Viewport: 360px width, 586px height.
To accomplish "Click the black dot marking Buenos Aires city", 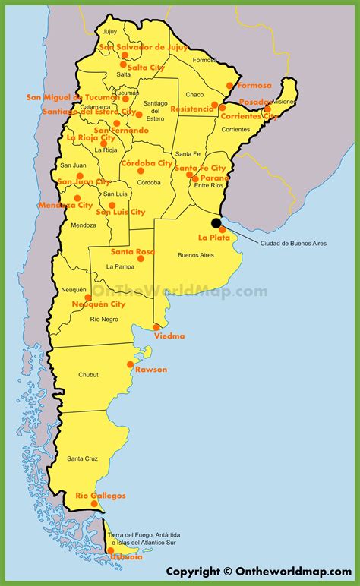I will (x=216, y=223).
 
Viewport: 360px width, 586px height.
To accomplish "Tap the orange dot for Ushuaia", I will (x=110, y=551).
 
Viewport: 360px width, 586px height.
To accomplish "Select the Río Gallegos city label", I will (x=100, y=496).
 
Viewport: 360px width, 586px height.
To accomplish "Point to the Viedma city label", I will (x=169, y=336).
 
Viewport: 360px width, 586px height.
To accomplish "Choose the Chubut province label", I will (x=88, y=375).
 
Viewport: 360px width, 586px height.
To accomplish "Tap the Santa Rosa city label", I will (x=132, y=251).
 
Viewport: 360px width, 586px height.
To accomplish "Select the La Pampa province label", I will (x=120, y=266).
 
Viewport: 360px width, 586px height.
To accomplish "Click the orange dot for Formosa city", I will (x=230, y=86).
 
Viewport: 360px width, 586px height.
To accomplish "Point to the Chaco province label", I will (x=195, y=95).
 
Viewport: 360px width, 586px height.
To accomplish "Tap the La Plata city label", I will (x=213, y=238).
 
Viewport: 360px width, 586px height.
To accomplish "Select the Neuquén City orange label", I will (x=99, y=304).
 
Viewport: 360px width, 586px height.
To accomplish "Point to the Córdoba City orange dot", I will (x=141, y=171).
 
